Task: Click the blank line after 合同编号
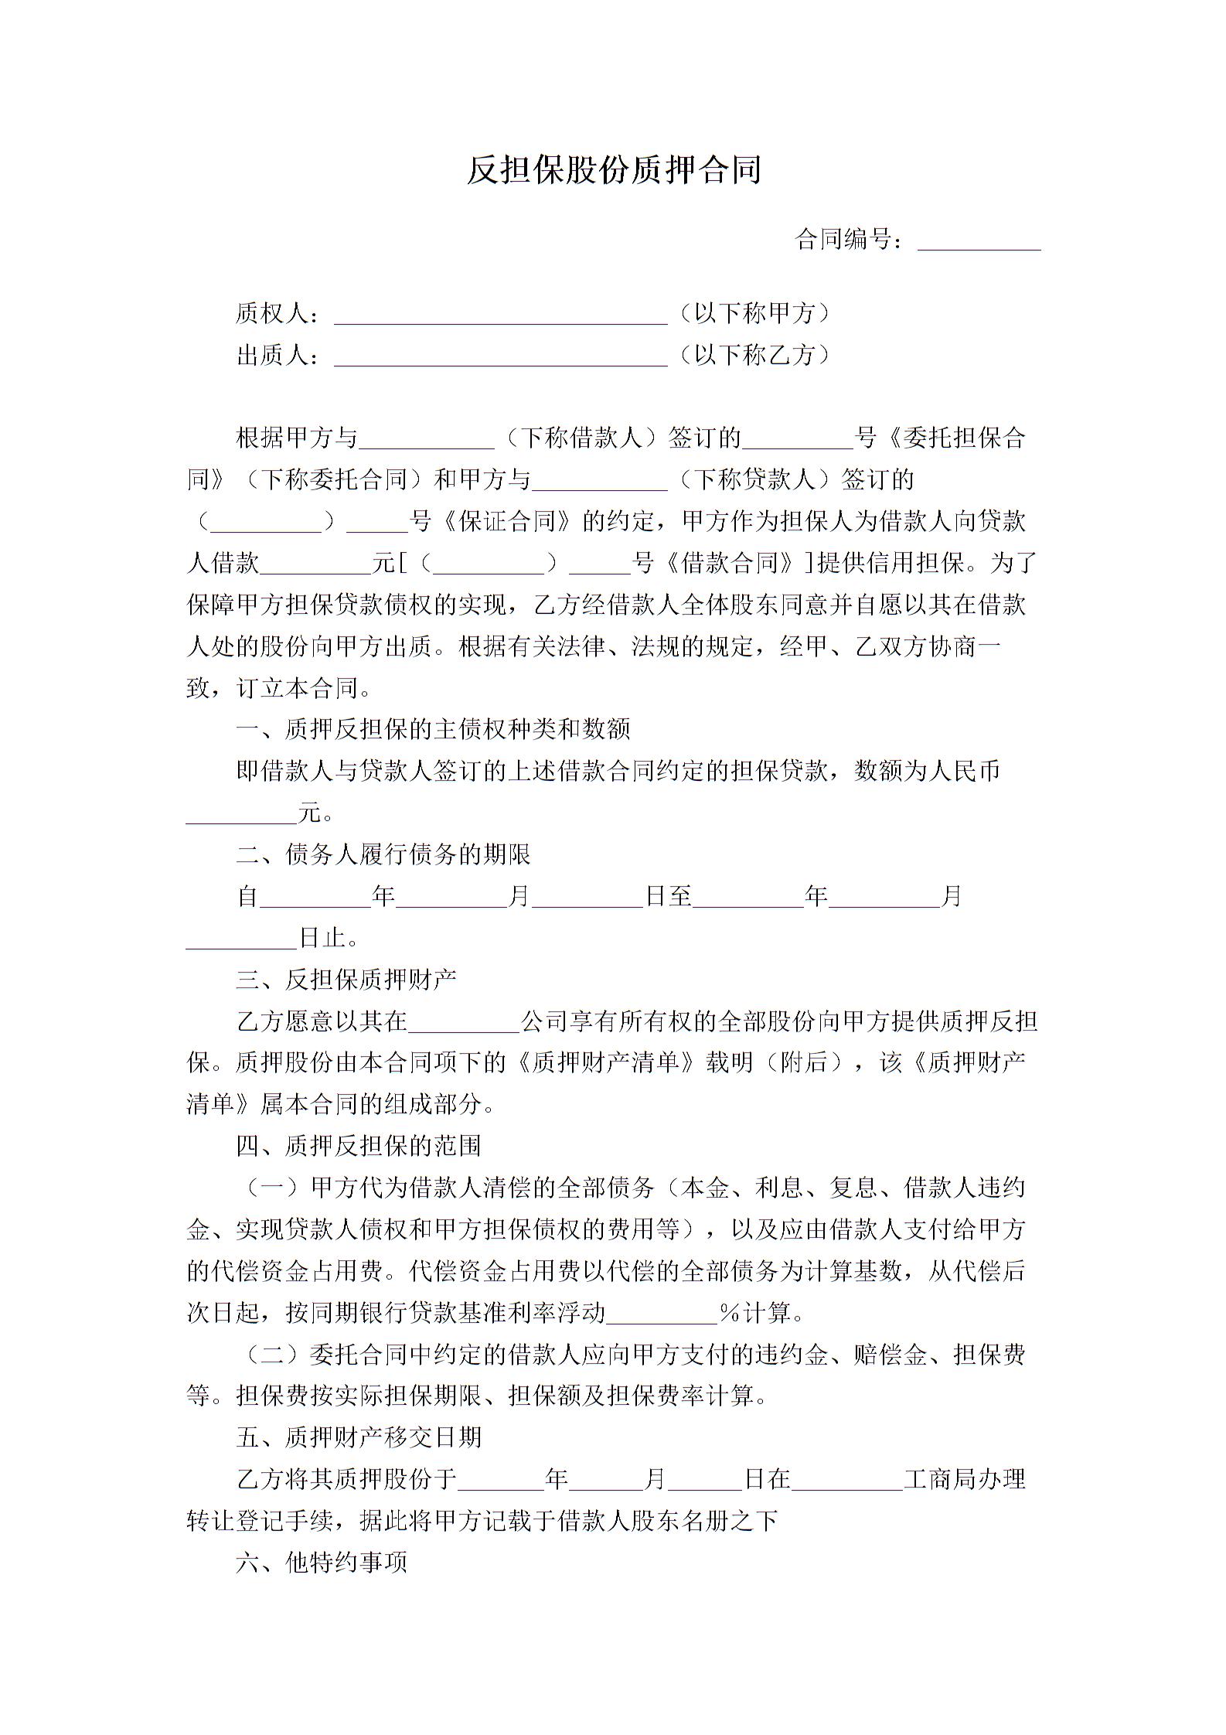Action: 979,241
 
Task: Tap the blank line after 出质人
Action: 500,356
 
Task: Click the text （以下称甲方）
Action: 754,313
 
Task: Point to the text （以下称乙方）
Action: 754,355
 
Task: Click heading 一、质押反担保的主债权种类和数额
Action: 434,729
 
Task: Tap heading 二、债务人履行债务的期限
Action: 383,854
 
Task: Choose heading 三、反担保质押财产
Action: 346,980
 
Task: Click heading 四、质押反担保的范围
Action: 359,1146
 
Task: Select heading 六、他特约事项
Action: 322,1563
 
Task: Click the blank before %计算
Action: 662,1313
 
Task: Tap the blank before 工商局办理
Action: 847,1480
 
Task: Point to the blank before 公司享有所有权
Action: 464,1022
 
